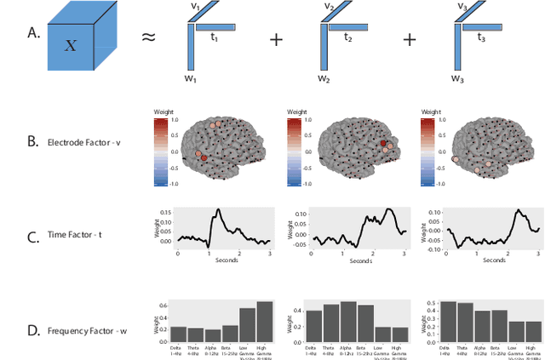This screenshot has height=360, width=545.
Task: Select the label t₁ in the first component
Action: tap(215, 37)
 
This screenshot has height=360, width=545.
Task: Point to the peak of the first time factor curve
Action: tap(218, 209)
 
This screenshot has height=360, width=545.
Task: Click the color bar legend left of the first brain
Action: tap(159, 151)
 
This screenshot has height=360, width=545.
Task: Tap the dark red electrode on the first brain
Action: tap(204, 157)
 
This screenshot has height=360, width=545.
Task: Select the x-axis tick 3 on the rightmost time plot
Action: tap(538, 254)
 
